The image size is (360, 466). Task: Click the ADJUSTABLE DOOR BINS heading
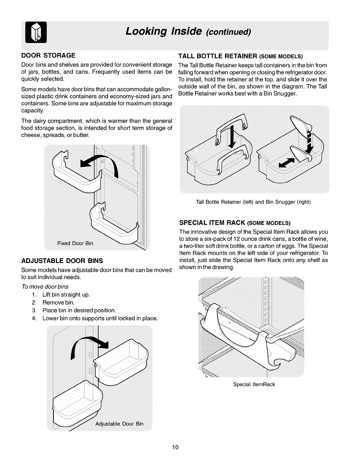tap(62, 261)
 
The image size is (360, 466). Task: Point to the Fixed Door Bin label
tap(75, 243)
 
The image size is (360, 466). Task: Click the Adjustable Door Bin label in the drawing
tap(119, 424)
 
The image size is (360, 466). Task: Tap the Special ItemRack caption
tap(254, 384)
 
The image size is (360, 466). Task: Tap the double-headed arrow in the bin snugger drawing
tap(286, 162)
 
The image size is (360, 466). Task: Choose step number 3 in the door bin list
tap(34, 310)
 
